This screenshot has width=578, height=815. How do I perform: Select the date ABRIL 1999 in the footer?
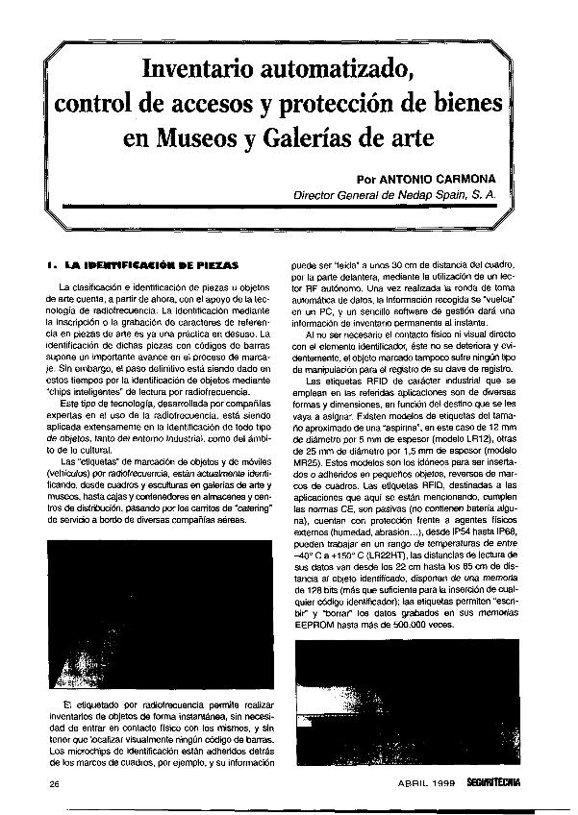tap(429, 783)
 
